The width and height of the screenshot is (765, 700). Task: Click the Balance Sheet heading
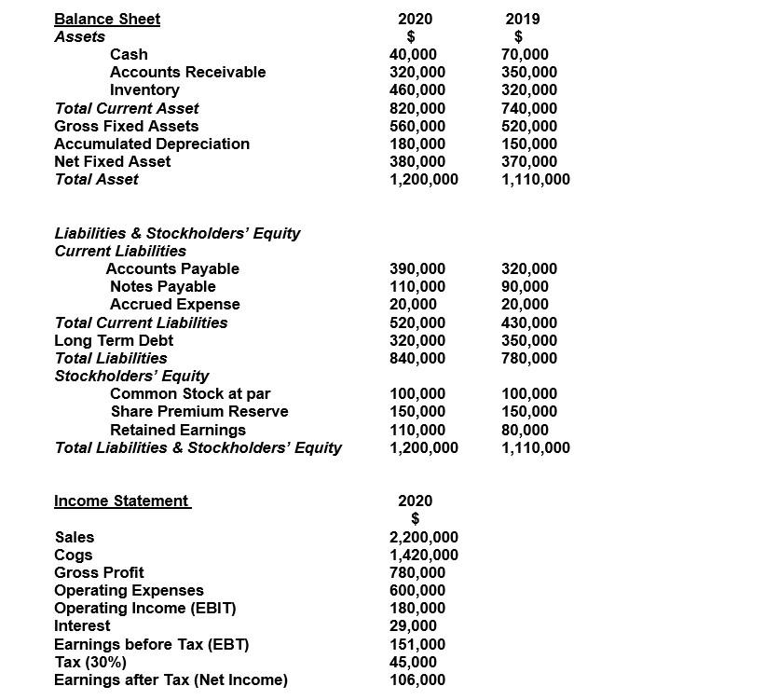[107, 19]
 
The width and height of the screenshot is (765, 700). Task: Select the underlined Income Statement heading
[121, 501]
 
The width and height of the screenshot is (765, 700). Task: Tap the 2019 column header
[522, 19]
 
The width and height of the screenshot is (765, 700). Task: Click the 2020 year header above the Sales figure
[415, 501]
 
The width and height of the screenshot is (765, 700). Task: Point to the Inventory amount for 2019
[529, 90]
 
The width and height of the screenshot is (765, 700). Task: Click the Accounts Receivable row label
[187, 72]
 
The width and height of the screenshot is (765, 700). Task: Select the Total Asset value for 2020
[423, 179]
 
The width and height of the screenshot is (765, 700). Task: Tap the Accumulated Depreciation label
[152, 144]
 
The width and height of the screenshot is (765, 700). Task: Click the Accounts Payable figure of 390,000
[417, 268]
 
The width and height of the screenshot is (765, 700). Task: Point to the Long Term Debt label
[114, 340]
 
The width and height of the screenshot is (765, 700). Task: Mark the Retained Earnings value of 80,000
[525, 430]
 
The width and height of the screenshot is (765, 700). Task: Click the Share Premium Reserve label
[198, 411]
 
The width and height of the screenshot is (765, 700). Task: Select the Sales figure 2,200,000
[423, 537]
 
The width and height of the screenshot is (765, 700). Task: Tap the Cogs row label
[74, 555]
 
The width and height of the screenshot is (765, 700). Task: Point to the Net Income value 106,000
[417, 679]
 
